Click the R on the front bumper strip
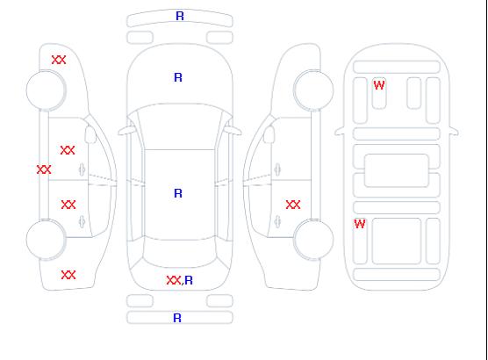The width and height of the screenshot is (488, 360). [180, 16]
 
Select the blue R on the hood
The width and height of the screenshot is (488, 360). [178, 77]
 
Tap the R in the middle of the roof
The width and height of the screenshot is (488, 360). [178, 193]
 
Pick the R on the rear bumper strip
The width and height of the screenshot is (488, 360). [177, 318]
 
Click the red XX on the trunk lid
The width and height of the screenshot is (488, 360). [174, 280]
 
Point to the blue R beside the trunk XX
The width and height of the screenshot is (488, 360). [189, 281]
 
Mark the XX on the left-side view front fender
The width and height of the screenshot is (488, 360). [59, 60]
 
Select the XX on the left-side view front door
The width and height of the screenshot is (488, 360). [68, 150]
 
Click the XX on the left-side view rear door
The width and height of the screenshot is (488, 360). [68, 205]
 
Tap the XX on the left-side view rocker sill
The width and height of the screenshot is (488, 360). [44, 169]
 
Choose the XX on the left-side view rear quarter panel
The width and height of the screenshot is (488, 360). [68, 275]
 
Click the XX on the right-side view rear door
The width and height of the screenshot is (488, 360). [293, 205]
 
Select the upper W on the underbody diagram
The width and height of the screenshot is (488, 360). [379, 85]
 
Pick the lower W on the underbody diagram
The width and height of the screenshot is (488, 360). [360, 224]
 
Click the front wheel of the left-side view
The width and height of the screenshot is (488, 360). [46, 90]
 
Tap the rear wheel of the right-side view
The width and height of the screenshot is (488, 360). [313, 239]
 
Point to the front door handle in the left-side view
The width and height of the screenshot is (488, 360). [82, 169]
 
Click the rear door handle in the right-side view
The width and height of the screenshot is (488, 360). [277, 221]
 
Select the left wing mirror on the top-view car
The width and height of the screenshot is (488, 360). [126, 131]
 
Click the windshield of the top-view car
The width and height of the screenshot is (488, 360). [180, 126]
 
